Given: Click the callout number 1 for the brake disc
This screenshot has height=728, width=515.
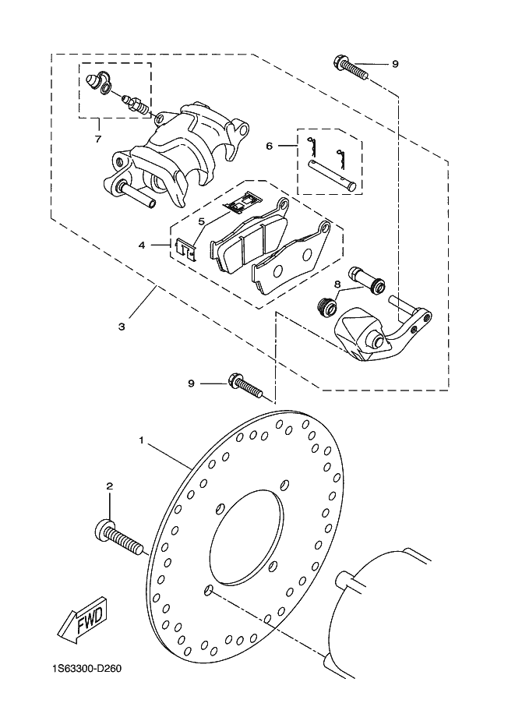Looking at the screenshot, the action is click(142, 439).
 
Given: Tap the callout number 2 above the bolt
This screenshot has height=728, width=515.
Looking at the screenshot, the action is click(110, 486).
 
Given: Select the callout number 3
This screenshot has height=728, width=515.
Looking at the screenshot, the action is click(122, 327).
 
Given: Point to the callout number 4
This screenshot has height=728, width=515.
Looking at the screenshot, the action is click(142, 245).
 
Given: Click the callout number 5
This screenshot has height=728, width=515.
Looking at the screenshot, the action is click(201, 221).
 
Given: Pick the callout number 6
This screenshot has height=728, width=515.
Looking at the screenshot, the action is click(269, 147).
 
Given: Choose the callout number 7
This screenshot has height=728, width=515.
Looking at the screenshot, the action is click(98, 139).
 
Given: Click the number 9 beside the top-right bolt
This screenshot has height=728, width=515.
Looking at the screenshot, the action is click(395, 64).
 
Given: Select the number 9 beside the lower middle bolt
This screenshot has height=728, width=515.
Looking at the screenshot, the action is click(191, 383).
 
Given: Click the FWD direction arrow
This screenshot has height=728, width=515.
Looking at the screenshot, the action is click(83, 620).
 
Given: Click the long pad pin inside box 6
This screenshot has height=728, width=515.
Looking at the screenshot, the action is click(332, 175).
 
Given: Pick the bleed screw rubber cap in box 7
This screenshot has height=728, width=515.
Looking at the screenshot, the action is click(96, 81).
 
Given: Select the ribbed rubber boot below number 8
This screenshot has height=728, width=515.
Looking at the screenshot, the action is click(328, 306).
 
